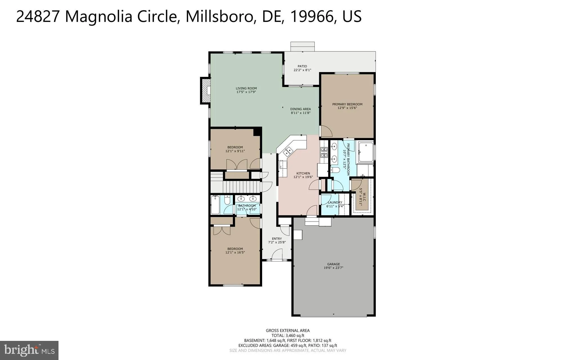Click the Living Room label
pos(246,88)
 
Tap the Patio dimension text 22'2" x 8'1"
pos(302,70)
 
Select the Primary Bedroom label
pos(347,104)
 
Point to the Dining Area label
pos(300,109)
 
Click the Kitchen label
pos(303,173)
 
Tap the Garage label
pos(333,264)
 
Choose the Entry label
pos(277,238)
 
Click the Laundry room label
pos(335,202)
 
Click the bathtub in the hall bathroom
pos(215,205)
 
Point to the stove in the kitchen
pos(324,152)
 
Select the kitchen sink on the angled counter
pos(288,152)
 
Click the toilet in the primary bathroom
pos(335,170)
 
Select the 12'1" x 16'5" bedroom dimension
pos(235,252)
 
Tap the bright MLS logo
pos(29,350)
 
